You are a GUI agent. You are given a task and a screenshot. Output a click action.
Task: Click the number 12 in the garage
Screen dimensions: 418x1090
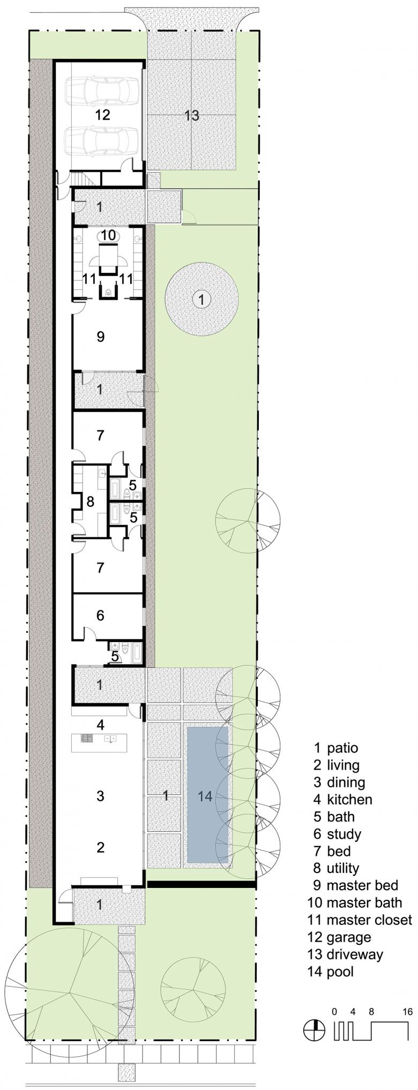102,115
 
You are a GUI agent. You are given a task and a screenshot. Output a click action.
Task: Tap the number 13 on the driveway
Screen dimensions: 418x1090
191,115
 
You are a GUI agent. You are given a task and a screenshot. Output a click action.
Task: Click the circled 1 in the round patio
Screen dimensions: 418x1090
201,300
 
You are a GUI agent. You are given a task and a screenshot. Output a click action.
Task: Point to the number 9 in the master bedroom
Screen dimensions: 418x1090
101,337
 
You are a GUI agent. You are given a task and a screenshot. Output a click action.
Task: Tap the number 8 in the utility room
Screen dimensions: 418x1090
90,502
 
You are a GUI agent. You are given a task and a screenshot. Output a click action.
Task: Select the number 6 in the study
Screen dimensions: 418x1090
100,615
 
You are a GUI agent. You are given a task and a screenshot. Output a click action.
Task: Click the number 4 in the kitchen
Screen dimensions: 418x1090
100,725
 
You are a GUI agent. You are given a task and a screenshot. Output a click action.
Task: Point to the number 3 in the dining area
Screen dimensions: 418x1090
100,796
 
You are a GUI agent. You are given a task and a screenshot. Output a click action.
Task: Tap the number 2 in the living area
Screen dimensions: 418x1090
100,847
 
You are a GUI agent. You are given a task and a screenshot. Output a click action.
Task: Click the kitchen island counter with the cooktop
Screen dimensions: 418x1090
99,738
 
